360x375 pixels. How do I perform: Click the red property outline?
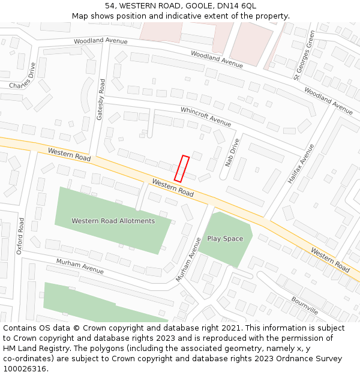[x=182, y=169]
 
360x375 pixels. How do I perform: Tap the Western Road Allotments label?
[x=113, y=221]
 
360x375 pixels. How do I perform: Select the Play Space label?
[x=225, y=239]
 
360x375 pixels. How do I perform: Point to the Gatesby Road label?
[x=101, y=99]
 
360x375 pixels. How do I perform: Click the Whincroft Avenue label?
[x=206, y=116]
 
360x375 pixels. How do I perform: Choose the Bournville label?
[x=305, y=305]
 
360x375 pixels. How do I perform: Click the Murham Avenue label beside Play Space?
[x=189, y=260]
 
